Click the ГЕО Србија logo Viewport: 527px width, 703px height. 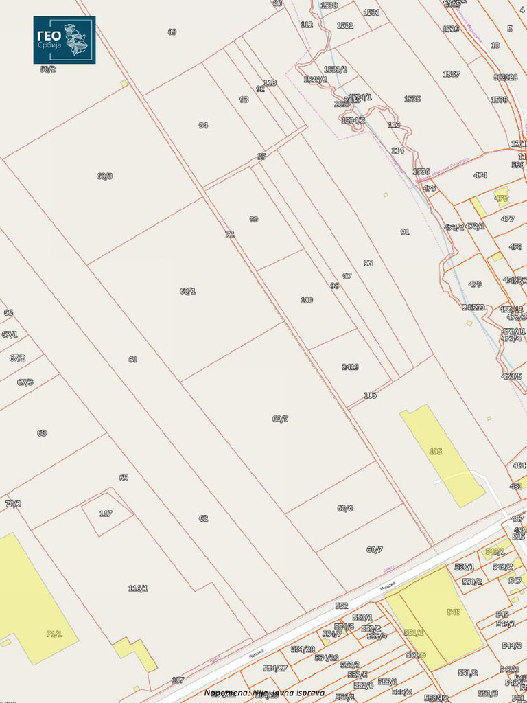[64, 40]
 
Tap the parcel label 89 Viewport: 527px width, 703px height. [172, 32]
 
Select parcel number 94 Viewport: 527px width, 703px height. [203, 126]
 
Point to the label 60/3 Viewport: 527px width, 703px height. [104, 176]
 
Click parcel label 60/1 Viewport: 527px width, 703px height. [187, 291]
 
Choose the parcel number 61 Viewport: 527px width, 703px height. [132, 360]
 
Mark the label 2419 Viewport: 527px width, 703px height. [350, 367]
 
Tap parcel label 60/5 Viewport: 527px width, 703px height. [280, 419]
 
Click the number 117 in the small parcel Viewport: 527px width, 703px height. [106, 514]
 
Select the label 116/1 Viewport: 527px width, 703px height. [138, 588]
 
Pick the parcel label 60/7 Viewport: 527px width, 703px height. [375, 549]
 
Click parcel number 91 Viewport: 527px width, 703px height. [405, 232]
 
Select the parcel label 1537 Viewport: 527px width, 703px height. [451, 74]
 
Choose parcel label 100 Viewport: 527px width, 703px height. [307, 300]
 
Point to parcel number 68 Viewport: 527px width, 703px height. [42, 433]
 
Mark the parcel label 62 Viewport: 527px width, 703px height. [203, 518]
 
